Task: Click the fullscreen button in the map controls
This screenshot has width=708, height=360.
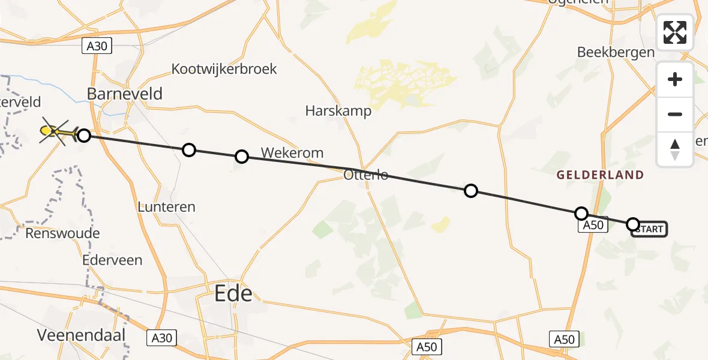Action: [x=675, y=32]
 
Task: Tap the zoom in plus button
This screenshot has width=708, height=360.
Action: [x=675, y=79]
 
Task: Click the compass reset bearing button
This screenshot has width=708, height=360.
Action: [x=675, y=149]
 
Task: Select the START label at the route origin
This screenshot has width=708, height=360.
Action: [x=649, y=229]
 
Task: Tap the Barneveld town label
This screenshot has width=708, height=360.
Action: [x=125, y=94]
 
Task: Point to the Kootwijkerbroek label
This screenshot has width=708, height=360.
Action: [x=224, y=69]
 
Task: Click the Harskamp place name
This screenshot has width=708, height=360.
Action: [x=338, y=111]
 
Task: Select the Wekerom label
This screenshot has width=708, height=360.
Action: [x=293, y=153]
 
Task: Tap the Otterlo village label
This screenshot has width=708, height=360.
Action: [x=366, y=176]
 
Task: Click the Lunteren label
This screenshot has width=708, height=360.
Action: [x=166, y=207]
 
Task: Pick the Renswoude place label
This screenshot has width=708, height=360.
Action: [x=62, y=233]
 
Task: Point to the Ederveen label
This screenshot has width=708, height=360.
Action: [x=113, y=260]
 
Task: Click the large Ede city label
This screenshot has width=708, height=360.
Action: [x=233, y=294]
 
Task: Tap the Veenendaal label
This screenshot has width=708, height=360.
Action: [x=82, y=335]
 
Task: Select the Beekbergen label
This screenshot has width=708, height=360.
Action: [x=616, y=52]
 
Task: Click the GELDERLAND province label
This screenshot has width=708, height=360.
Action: [x=600, y=175]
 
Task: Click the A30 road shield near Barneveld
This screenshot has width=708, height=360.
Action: [x=96, y=46]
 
